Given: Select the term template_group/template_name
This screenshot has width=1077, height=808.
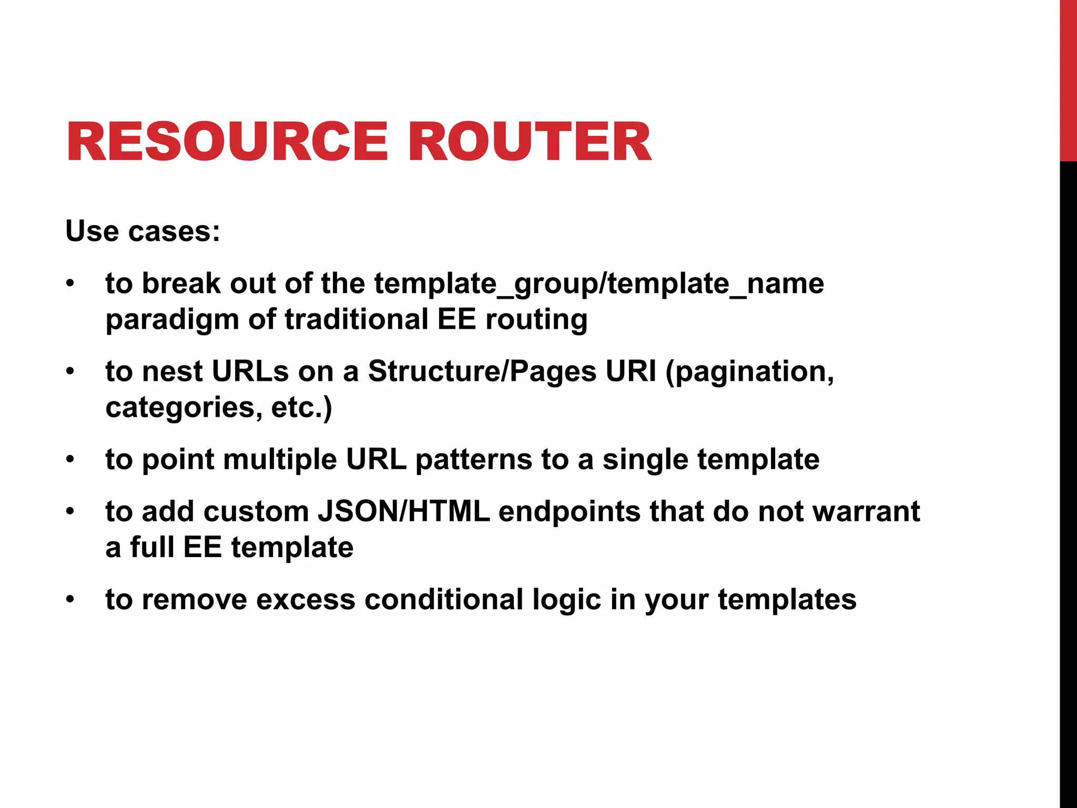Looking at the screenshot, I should tap(599, 285).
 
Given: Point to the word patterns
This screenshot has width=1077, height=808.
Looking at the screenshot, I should tap(474, 460).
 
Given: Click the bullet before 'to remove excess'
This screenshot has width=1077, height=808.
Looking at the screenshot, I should tap(70, 600).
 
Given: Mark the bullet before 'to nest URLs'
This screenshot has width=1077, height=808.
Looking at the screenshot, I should tap(70, 372).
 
